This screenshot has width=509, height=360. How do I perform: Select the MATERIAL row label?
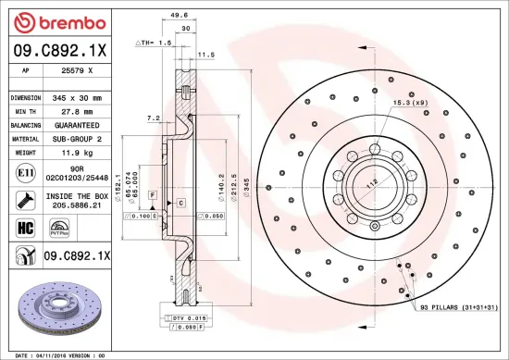(x=25, y=138)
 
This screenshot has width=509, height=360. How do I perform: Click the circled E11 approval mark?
(x=24, y=172)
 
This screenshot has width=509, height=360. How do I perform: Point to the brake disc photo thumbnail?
(x=58, y=310)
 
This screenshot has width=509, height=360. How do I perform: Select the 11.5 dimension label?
(x=206, y=55)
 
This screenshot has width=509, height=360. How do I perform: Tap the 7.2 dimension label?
(x=154, y=118)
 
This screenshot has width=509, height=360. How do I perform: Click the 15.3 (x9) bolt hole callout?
(x=410, y=102)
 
